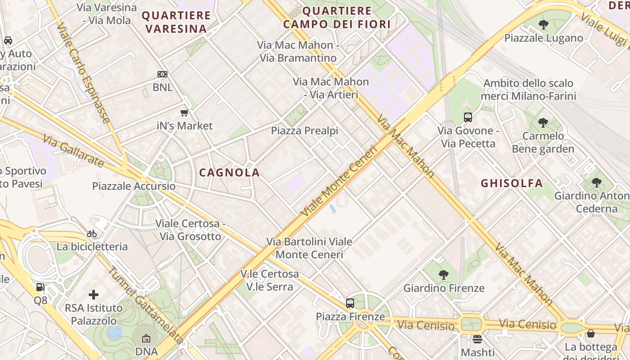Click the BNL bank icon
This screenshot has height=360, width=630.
click(162, 74)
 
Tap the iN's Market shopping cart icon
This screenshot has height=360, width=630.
click(184, 113)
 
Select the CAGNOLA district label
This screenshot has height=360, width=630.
click(229, 172)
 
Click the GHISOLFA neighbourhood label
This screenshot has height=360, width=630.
click(512, 183)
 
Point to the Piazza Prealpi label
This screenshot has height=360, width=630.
click(304, 131)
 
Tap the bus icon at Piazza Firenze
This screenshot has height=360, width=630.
click(350, 303)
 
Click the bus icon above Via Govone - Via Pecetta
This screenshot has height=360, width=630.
click(468, 118)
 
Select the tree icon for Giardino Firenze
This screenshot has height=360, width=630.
click(444, 274)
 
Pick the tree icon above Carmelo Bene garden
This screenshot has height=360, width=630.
click(543, 122)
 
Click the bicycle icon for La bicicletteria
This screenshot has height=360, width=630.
click(92, 234)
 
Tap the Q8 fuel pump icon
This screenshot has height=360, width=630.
click(40, 287)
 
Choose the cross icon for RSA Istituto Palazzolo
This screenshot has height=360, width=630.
click(94, 295)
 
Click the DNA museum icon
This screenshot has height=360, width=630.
click(146, 338)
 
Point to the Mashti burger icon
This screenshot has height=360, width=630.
click(477, 339)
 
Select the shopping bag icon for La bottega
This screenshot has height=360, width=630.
click(591, 333)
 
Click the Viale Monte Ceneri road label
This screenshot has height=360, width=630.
click(339, 181)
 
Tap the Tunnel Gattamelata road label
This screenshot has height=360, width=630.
click(145, 306)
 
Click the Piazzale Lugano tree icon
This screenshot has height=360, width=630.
click(543, 25)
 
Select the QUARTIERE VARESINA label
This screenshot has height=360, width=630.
click(176, 22)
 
